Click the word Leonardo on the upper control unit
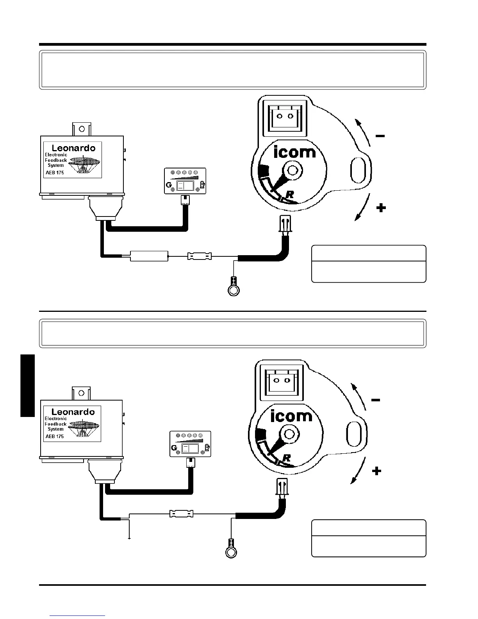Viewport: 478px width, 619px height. click(74, 148)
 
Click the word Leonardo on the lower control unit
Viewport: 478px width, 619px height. click(73, 412)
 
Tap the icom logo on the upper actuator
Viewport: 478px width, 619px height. click(295, 152)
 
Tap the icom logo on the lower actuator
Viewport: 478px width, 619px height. click(291, 415)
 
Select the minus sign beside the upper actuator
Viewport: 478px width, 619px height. click(380, 136)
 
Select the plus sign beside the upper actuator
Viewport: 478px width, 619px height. click(381, 208)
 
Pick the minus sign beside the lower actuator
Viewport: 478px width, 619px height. click(376, 400)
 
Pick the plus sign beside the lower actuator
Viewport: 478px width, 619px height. click(377, 471)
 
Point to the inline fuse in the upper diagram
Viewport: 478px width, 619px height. click(200, 257)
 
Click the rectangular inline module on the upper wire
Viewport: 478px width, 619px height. click(149, 256)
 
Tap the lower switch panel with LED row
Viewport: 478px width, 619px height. click(190, 444)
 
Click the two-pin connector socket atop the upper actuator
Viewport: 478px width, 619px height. click(284, 116)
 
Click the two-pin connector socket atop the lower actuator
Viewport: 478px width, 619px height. click(282, 380)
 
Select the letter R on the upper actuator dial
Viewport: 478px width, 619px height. click(289, 194)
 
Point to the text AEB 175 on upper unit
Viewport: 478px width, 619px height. click(55, 173)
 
